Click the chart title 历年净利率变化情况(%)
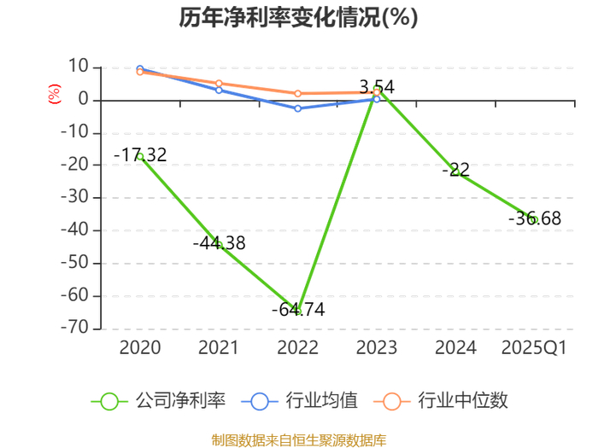(299, 18)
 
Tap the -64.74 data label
(298, 309)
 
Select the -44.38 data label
(220, 243)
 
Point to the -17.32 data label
(140, 155)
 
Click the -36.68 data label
(535, 218)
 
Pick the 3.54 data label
(377, 87)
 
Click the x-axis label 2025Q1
(534, 348)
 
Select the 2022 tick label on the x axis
(298, 348)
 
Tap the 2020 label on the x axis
(140, 348)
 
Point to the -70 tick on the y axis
(75, 328)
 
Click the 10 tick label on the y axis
(79, 67)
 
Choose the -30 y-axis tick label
(75, 197)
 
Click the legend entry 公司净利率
(158, 401)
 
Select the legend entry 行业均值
(300, 401)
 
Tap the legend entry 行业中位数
(441, 401)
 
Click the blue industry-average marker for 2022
(298, 108)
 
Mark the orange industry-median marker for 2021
(219, 84)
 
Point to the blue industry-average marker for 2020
(140, 69)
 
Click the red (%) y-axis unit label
(54, 94)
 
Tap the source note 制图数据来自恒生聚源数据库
(299, 440)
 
